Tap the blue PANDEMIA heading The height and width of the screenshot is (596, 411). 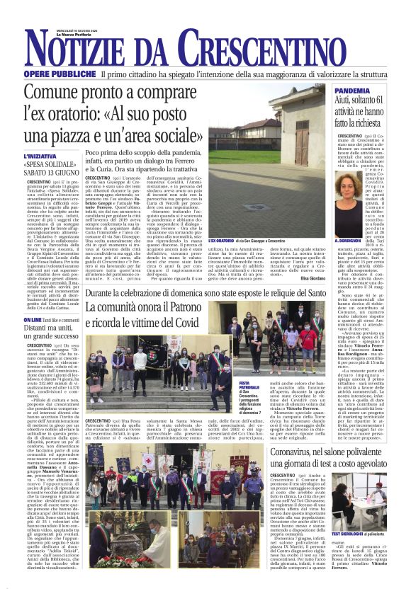tap(351, 91)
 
